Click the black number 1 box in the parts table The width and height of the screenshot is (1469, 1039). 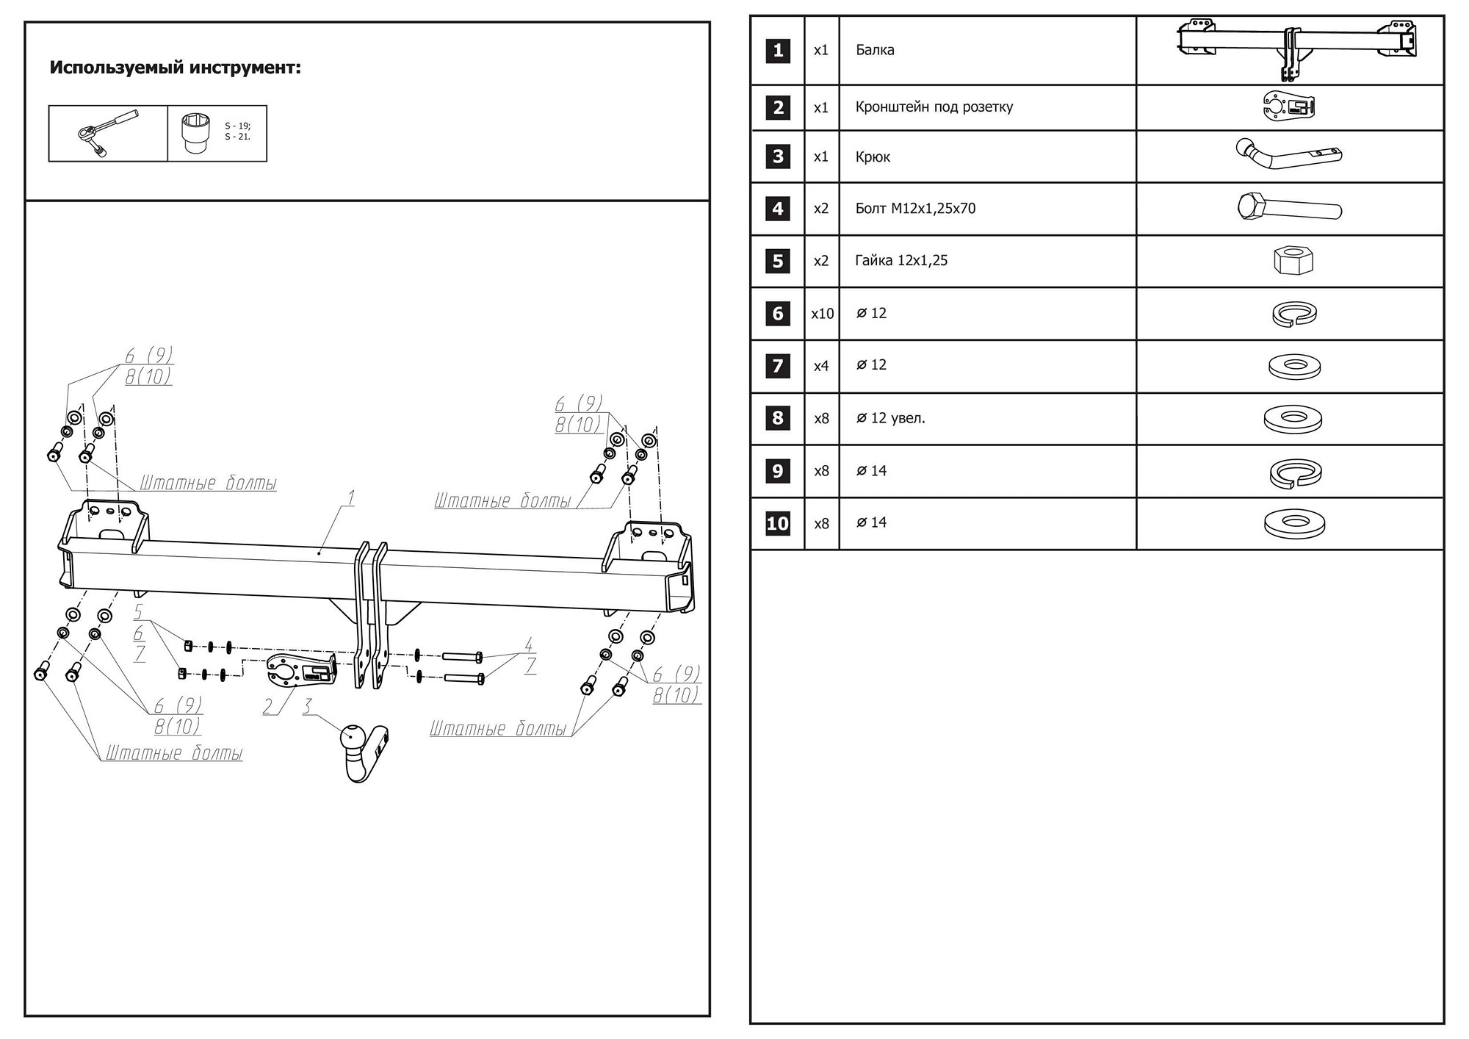(x=778, y=51)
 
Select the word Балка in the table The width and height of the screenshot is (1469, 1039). (x=875, y=50)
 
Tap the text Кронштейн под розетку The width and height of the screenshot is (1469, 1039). (x=934, y=107)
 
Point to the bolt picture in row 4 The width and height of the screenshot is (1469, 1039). (x=1289, y=208)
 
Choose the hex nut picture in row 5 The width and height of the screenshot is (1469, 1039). (x=1293, y=260)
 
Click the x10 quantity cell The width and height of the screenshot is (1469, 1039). (x=822, y=314)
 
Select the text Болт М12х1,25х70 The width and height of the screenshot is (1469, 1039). (x=915, y=209)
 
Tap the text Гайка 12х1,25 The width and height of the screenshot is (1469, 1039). (x=901, y=261)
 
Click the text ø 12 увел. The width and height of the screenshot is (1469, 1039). (x=890, y=418)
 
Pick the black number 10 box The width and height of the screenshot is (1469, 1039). (x=778, y=523)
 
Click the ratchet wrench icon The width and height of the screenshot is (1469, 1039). (x=107, y=133)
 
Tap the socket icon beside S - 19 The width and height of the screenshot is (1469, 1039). (x=196, y=133)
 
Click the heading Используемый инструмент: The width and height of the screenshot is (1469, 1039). (x=175, y=68)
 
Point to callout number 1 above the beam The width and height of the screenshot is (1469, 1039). (x=351, y=498)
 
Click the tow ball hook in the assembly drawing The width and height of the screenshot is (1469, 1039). (x=363, y=750)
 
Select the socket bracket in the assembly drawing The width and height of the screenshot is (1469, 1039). (x=302, y=669)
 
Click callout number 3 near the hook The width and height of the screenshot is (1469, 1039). (x=307, y=706)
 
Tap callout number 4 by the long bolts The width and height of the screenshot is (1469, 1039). (x=528, y=644)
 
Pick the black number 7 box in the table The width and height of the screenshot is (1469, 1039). (x=778, y=366)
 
